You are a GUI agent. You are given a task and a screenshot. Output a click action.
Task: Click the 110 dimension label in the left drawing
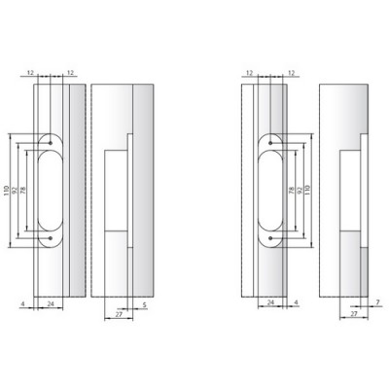pyautogui.click(x=6, y=191)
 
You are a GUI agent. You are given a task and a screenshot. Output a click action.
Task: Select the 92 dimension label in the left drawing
pyautogui.click(x=15, y=191)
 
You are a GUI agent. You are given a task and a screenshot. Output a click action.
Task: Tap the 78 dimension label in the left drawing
pyautogui.click(x=22, y=191)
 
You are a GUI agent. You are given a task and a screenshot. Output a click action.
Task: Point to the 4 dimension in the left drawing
pyautogui.click(x=22, y=304)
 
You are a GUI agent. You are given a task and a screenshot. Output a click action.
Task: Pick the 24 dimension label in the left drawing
pyautogui.click(x=51, y=304)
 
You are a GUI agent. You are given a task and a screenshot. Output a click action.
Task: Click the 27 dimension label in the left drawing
pyautogui.click(x=119, y=314)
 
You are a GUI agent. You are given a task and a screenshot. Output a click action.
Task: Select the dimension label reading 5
pyautogui.click(x=144, y=304)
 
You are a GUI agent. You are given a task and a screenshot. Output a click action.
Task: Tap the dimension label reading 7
pyautogui.click(x=378, y=302)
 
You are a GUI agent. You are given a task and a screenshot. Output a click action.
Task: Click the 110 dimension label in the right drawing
pyautogui.click(x=308, y=190)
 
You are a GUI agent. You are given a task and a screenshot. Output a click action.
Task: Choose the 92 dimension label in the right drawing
pyautogui.click(x=300, y=190)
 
